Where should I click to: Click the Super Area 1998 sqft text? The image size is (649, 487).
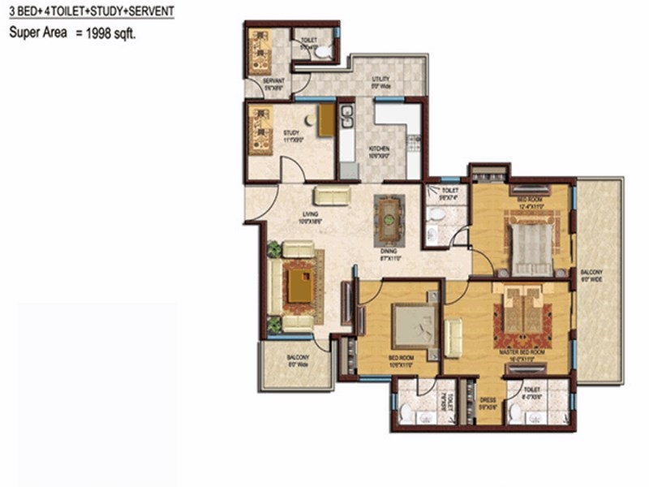[x=72, y=34]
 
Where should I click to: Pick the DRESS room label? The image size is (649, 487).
[x=488, y=400]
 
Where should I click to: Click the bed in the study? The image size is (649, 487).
[x=261, y=123]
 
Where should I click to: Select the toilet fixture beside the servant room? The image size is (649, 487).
[x=323, y=52]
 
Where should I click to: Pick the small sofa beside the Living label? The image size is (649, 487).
[x=332, y=195]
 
